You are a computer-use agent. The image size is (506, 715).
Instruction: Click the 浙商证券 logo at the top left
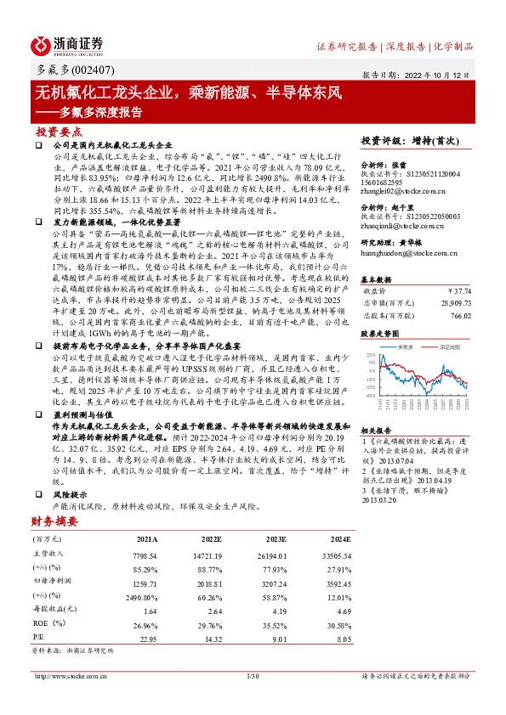pos(67,45)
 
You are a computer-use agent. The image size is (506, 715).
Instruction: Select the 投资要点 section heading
pos(59,132)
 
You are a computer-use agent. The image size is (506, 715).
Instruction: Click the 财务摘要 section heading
pos(54,521)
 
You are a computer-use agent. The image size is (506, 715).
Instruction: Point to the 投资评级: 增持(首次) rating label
pos(410,140)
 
